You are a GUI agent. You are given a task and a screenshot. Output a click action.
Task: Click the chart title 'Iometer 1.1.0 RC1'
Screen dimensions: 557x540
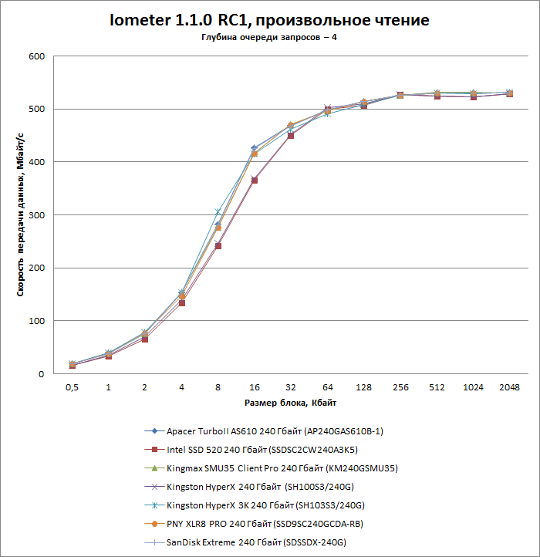pos(270,20)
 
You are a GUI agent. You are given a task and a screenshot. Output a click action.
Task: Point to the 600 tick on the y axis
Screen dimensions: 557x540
pos(35,56)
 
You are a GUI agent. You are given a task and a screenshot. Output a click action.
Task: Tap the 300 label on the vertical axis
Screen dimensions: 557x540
pos(35,215)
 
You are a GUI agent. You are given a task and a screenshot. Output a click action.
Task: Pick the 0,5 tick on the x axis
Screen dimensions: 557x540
pos(72,387)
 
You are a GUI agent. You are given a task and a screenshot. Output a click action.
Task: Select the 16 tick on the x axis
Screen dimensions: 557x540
pos(255,387)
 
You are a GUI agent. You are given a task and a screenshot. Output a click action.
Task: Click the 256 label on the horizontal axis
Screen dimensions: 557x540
pos(400,387)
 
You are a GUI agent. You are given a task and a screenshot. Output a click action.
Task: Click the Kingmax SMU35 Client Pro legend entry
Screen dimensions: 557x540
pos(282,468)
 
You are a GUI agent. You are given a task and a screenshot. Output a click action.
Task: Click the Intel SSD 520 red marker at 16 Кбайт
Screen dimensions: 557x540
pos(255,181)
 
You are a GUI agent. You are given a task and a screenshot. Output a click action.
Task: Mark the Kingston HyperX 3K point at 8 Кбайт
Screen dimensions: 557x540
pos(218,212)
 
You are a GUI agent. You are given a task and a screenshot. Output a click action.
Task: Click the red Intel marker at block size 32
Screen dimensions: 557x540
pos(291,135)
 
